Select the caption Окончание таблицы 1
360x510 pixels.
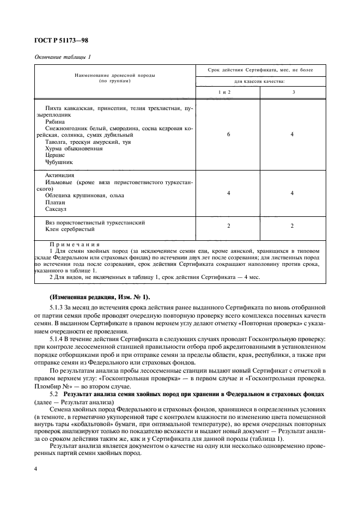[63, 57]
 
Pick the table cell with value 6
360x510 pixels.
[228, 134]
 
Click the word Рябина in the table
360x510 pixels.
[54, 122]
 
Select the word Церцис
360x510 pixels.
[55, 155]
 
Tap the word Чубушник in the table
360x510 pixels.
[59, 162]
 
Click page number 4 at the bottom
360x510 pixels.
[36, 468]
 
